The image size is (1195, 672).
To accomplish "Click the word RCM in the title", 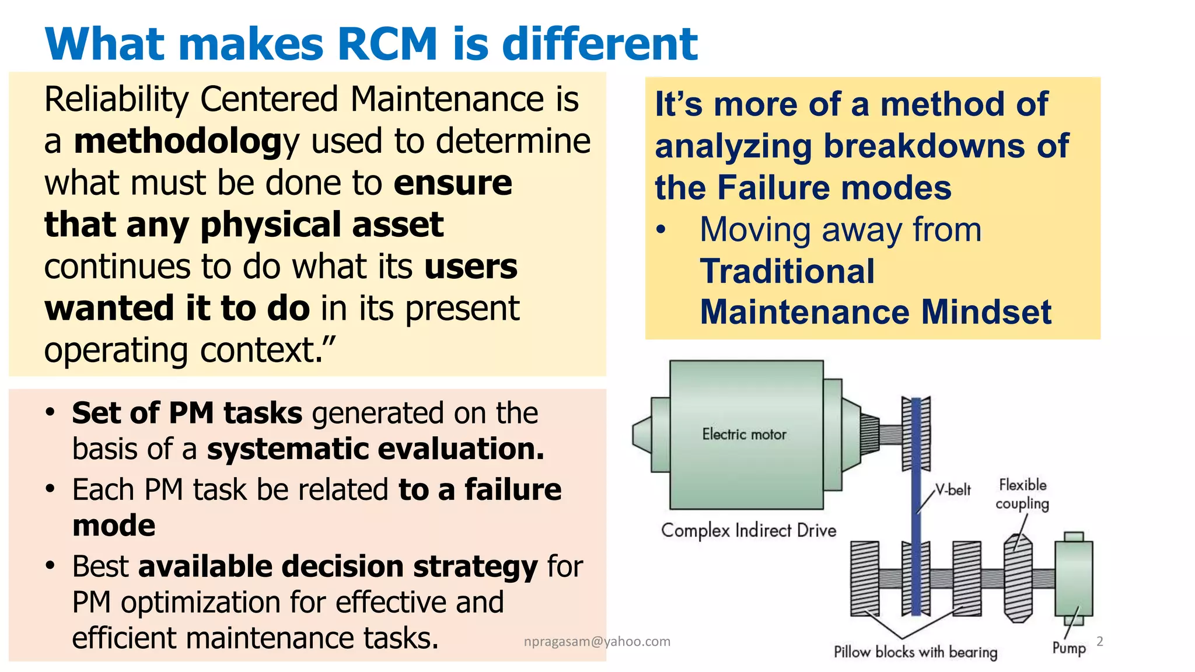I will tap(387, 44).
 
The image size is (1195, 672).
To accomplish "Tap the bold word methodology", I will tap(186, 142).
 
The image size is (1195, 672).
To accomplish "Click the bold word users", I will tap(470, 267).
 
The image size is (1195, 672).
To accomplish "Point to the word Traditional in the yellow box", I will tap(787, 271).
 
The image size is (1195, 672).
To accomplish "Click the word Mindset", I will tap(986, 312).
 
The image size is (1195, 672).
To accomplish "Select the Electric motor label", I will tap(744, 434).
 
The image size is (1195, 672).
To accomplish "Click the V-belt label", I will tap(953, 489).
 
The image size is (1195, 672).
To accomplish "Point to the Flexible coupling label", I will tap(1022, 494).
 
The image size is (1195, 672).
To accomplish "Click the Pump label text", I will tap(1069, 647).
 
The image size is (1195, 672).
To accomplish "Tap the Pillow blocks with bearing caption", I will tap(915, 652).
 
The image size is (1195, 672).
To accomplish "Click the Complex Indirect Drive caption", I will tap(748, 530).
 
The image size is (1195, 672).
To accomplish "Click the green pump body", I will tap(1073, 577).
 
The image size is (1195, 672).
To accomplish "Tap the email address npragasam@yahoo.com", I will tap(597, 642).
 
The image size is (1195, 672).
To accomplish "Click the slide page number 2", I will tap(1100, 641).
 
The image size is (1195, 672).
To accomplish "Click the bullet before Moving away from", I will tap(661, 230).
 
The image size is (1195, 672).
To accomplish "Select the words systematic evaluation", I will tap(375, 449).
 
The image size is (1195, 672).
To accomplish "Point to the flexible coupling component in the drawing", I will tap(1018, 577).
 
